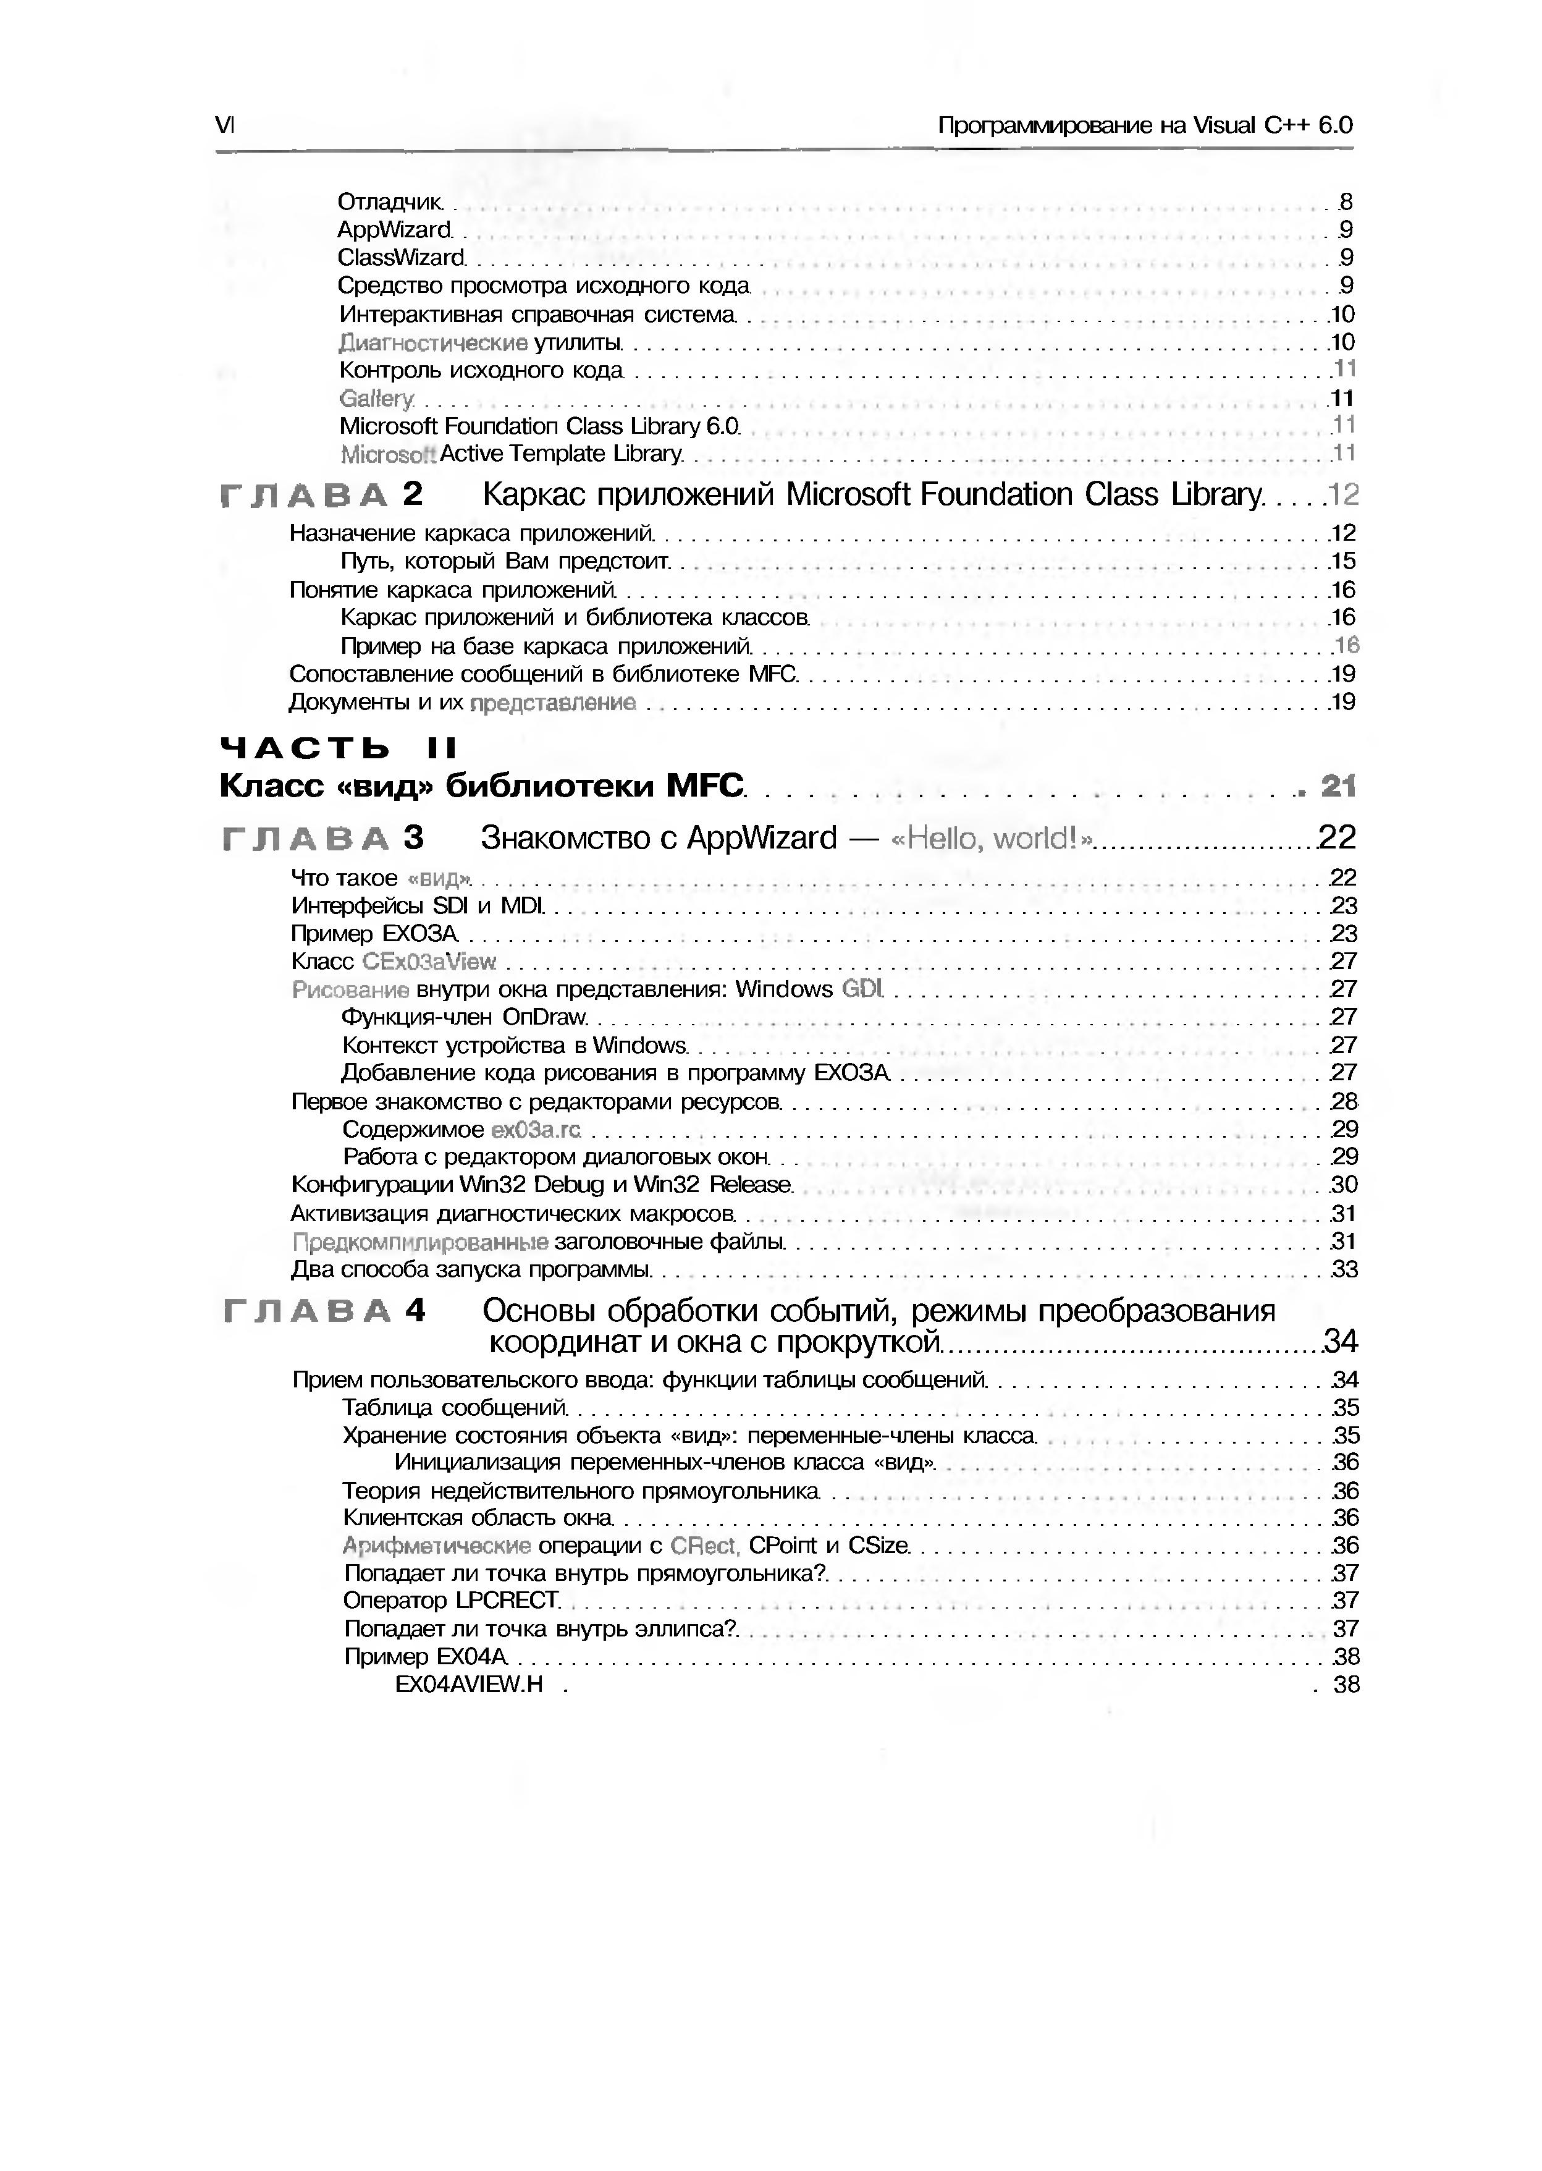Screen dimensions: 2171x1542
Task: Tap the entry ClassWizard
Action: coord(402,257)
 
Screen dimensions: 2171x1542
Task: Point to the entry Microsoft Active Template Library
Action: coord(511,454)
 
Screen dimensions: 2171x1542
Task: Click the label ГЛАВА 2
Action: coord(321,495)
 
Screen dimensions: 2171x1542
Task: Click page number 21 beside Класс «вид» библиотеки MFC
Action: coord(1339,786)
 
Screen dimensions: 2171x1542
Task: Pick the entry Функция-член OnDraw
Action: coord(465,1017)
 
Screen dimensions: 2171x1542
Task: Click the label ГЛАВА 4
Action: coord(324,1311)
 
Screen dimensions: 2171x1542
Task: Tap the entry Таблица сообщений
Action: coord(454,1407)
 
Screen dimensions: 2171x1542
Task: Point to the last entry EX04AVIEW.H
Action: coord(469,1685)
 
